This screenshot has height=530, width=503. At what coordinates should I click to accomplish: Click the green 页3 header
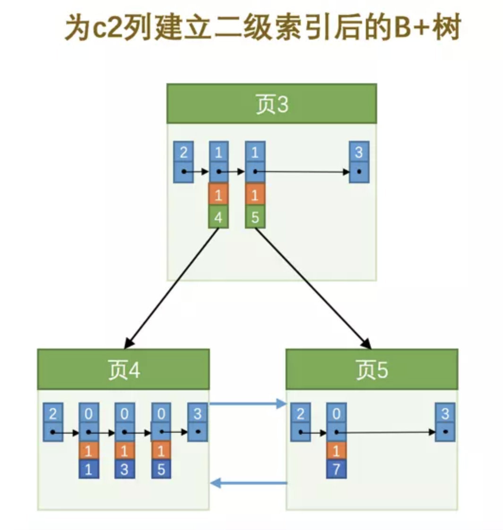pyautogui.click(x=271, y=104)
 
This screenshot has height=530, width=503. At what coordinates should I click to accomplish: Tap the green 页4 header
pyautogui.click(x=123, y=370)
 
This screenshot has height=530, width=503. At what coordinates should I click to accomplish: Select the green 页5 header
pyautogui.click(x=372, y=370)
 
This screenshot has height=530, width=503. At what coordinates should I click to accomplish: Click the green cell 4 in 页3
pyautogui.click(x=218, y=217)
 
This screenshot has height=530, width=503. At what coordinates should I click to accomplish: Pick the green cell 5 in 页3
pyautogui.click(x=255, y=217)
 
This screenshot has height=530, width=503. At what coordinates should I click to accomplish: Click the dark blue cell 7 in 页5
pyautogui.click(x=336, y=470)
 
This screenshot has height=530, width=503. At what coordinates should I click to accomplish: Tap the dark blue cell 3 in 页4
pyautogui.click(x=124, y=470)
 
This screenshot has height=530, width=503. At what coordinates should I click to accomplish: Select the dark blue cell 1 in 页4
pyautogui.click(x=88, y=470)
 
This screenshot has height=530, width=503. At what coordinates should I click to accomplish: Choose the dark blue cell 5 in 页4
pyautogui.click(x=161, y=470)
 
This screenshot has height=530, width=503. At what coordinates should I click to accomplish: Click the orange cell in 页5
pyautogui.click(x=336, y=451)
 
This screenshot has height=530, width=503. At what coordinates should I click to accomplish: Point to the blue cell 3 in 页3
pyautogui.click(x=359, y=153)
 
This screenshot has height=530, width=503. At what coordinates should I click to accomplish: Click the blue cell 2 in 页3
pyautogui.click(x=183, y=153)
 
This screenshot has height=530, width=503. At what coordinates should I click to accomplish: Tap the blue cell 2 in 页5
pyautogui.click(x=300, y=414)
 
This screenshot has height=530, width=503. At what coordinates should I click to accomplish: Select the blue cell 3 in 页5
pyautogui.click(x=445, y=414)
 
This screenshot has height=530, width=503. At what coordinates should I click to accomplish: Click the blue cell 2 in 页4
pyautogui.click(x=53, y=414)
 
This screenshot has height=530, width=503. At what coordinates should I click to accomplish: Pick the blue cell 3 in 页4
pyautogui.click(x=197, y=414)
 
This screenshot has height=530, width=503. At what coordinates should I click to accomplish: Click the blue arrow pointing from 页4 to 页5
pyautogui.click(x=248, y=404)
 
